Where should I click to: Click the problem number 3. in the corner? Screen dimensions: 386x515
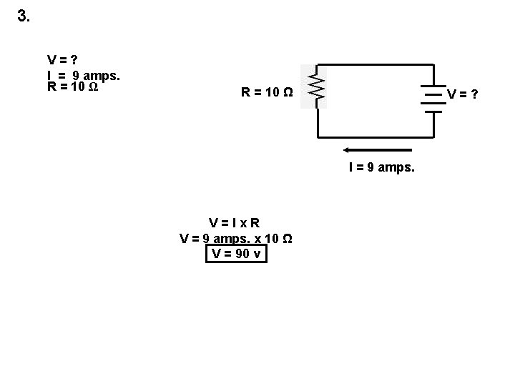coord(24,16)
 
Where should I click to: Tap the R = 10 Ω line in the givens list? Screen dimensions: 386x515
coord(72,87)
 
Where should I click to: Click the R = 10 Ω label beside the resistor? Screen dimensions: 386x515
coord(266,92)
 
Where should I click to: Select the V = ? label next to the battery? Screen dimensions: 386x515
coord(462,94)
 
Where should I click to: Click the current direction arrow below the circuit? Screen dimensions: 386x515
coord(378,150)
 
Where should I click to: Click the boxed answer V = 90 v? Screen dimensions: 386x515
coord(235,253)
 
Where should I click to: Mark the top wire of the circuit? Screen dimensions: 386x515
coord(376,66)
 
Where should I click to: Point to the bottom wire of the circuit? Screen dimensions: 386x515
coord(376,136)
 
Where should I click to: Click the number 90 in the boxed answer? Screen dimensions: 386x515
coord(243,253)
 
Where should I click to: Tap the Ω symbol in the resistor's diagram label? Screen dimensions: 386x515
coord(288,92)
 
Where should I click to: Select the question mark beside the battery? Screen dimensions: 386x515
coord(474,94)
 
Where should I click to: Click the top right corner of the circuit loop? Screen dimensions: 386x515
coord(434,66)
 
